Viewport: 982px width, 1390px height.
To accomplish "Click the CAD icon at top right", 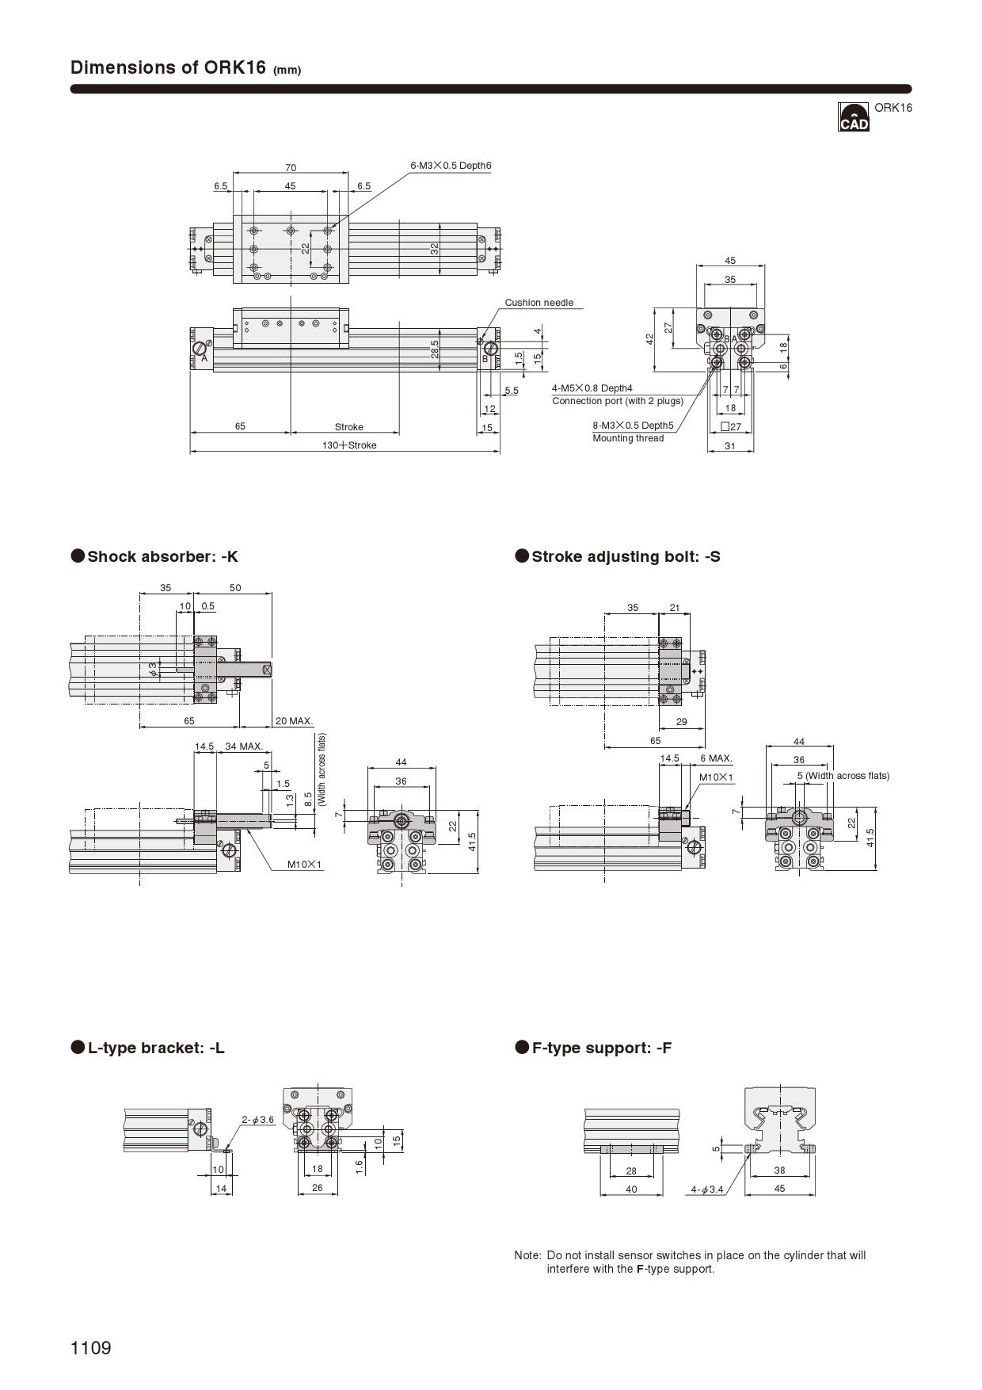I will [853, 117].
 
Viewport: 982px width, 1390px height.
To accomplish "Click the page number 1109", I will [91, 1348].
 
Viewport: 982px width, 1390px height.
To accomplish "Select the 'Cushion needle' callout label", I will [539, 303].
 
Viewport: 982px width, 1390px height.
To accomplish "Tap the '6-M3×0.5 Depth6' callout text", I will [451, 166].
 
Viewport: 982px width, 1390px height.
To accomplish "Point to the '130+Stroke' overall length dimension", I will [349, 445].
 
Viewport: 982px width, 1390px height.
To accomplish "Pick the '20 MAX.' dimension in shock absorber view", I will [294, 721].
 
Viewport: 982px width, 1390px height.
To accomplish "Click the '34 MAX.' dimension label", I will [244, 747].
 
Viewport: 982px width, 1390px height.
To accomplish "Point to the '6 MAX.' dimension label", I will [716, 758].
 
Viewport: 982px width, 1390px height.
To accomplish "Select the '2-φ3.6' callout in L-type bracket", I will [258, 1120].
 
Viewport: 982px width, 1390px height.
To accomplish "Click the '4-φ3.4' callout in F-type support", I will [707, 1190].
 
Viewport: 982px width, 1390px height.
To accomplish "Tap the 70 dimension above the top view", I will [291, 168].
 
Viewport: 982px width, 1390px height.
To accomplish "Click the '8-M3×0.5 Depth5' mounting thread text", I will [633, 426].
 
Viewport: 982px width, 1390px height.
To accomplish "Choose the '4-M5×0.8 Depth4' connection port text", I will [592, 388].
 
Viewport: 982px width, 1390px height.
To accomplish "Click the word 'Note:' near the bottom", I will [527, 1255].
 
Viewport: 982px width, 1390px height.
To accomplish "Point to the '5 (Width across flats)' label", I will [843, 776].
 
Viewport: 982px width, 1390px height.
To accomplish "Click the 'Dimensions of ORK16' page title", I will [168, 67].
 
